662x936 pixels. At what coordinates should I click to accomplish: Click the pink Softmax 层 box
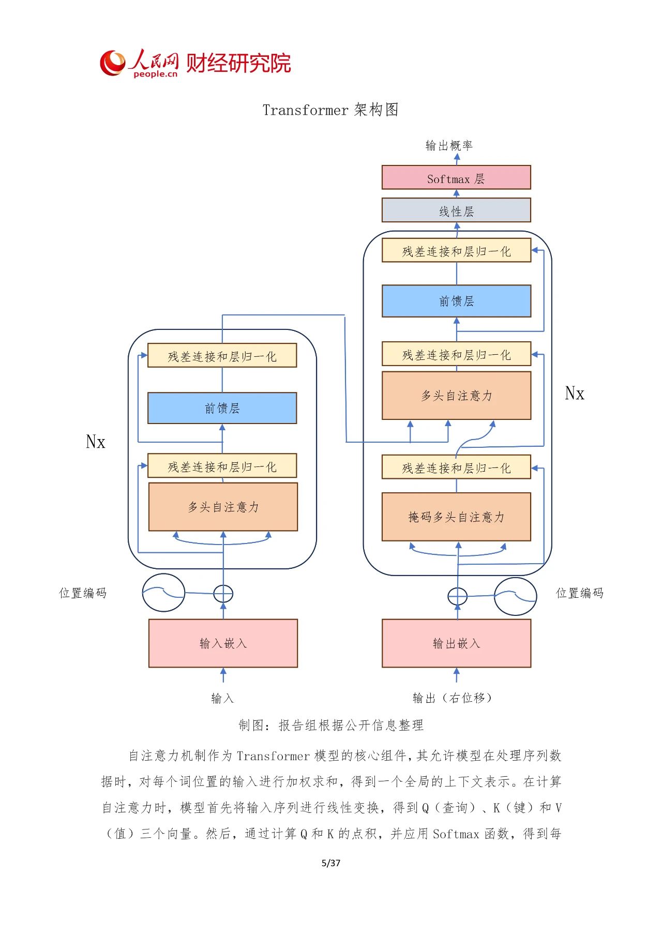coord(456,177)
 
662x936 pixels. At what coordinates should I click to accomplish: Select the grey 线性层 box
coord(456,210)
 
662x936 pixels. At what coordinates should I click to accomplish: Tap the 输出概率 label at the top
coord(449,145)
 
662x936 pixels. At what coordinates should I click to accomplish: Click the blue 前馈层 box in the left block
coord(222,408)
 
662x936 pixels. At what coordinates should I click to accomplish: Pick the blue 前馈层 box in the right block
coord(456,301)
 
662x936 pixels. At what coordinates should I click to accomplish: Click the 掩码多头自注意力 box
coord(456,517)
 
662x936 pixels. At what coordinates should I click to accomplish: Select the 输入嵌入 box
coord(223,643)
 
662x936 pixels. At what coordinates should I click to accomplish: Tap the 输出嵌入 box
coord(456,643)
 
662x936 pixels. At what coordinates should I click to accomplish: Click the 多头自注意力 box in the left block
coord(223,507)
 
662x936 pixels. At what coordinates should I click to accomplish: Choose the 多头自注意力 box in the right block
coord(456,396)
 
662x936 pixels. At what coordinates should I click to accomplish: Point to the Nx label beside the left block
coord(96,442)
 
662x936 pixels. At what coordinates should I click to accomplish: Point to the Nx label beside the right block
coord(575,394)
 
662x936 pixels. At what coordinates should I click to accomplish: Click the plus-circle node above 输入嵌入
coord(223,594)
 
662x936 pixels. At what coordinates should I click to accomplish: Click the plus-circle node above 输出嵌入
coord(457,596)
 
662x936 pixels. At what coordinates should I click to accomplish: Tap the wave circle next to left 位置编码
coord(163,593)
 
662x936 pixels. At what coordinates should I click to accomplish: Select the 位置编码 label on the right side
coord(579,593)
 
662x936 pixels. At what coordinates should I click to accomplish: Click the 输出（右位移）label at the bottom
coord(453,698)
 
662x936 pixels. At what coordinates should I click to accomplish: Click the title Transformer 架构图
coord(330,110)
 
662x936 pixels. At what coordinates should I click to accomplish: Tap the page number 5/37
coord(331,863)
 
